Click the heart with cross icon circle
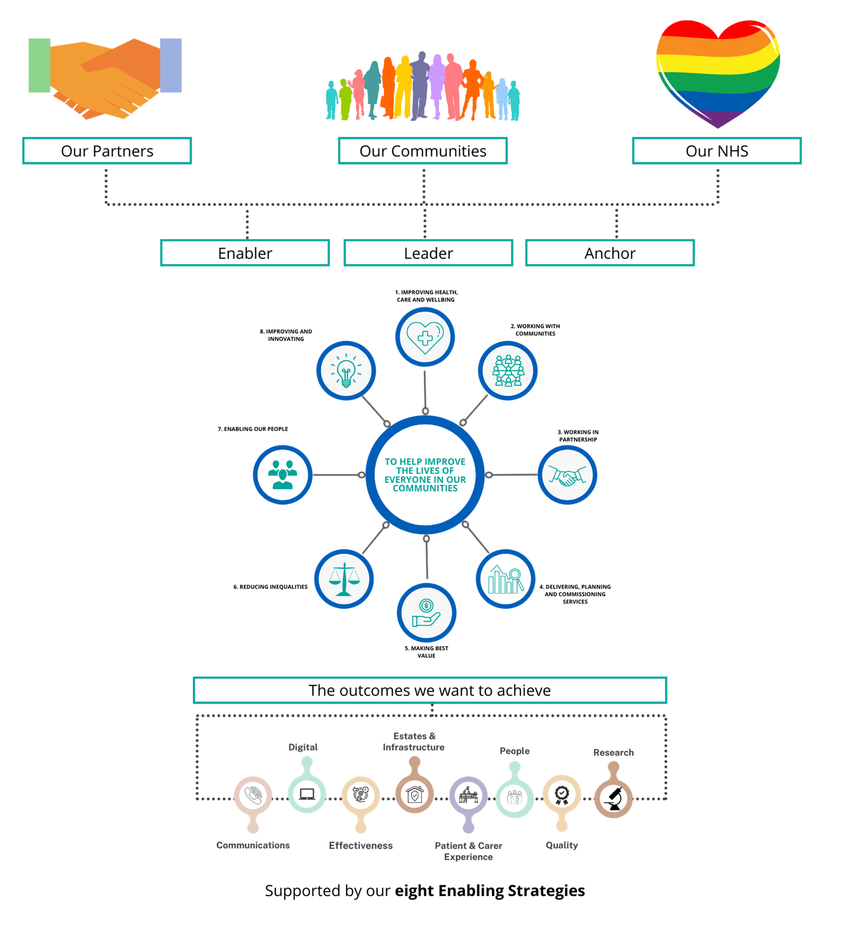click(x=425, y=337)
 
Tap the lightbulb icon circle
click(x=346, y=370)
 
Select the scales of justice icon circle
click(x=344, y=579)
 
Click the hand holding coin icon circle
click(x=426, y=613)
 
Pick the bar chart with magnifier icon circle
click(x=505, y=579)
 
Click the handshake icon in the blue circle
click(x=567, y=475)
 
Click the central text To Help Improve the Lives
click(x=425, y=475)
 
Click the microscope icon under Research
click(x=613, y=798)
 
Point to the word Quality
click(x=562, y=845)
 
